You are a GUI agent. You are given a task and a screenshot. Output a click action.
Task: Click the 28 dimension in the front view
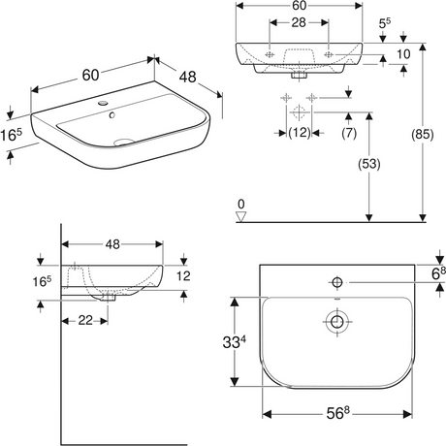coord(299,22)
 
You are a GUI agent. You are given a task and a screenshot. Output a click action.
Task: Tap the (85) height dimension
coord(422,134)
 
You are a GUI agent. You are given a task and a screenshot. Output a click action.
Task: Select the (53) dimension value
coord(369,164)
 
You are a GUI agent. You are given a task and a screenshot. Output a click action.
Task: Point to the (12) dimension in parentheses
coord(300,133)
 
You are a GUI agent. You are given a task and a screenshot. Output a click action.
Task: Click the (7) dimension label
coord(349,133)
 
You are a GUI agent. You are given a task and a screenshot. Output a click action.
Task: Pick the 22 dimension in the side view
coord(85,320)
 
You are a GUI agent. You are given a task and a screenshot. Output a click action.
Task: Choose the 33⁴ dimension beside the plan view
coord(234,342)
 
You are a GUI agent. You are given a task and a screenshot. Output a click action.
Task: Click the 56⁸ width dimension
coord(337,413)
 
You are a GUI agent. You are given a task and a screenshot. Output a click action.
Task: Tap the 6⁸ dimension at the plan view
coord(438,273)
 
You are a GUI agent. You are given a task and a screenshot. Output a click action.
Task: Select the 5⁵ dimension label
coord(385,23)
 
